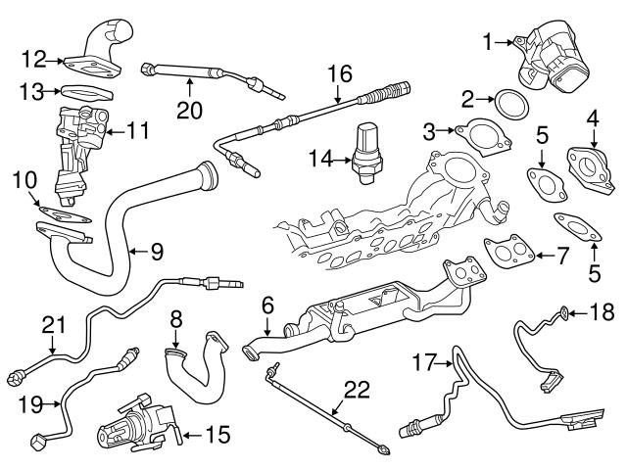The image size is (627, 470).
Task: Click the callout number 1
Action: tap(488, 41)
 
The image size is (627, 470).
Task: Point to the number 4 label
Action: tap(591, 119)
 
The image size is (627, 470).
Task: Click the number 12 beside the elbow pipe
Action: tap(34, 60)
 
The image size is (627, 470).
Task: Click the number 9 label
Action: tap(156, 253)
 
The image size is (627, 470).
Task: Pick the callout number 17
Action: tap(423, 363)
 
